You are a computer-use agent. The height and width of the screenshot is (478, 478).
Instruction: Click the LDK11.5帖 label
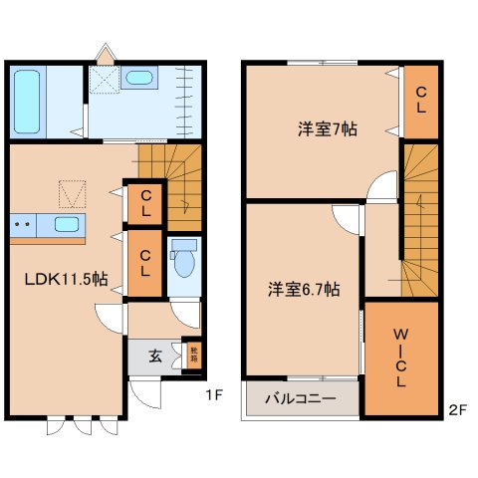point(66,279)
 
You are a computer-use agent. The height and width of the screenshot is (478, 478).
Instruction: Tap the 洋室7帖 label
point(327,129)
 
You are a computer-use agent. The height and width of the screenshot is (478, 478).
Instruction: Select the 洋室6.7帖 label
point(304,290)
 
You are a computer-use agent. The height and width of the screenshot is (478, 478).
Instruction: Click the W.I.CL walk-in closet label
point(400,360)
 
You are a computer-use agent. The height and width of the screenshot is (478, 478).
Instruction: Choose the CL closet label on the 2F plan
point(420,101)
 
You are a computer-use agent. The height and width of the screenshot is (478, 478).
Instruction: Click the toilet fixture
point(182,261)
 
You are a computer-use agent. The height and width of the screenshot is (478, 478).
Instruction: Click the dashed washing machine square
point(103,81)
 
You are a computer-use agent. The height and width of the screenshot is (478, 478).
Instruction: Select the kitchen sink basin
point(68,225)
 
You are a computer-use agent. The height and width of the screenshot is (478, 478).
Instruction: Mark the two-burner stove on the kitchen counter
point(25,225)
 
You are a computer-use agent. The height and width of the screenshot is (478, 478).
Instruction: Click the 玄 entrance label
point(155,356)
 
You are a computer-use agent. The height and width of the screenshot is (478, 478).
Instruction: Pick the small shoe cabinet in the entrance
point(194,354)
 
